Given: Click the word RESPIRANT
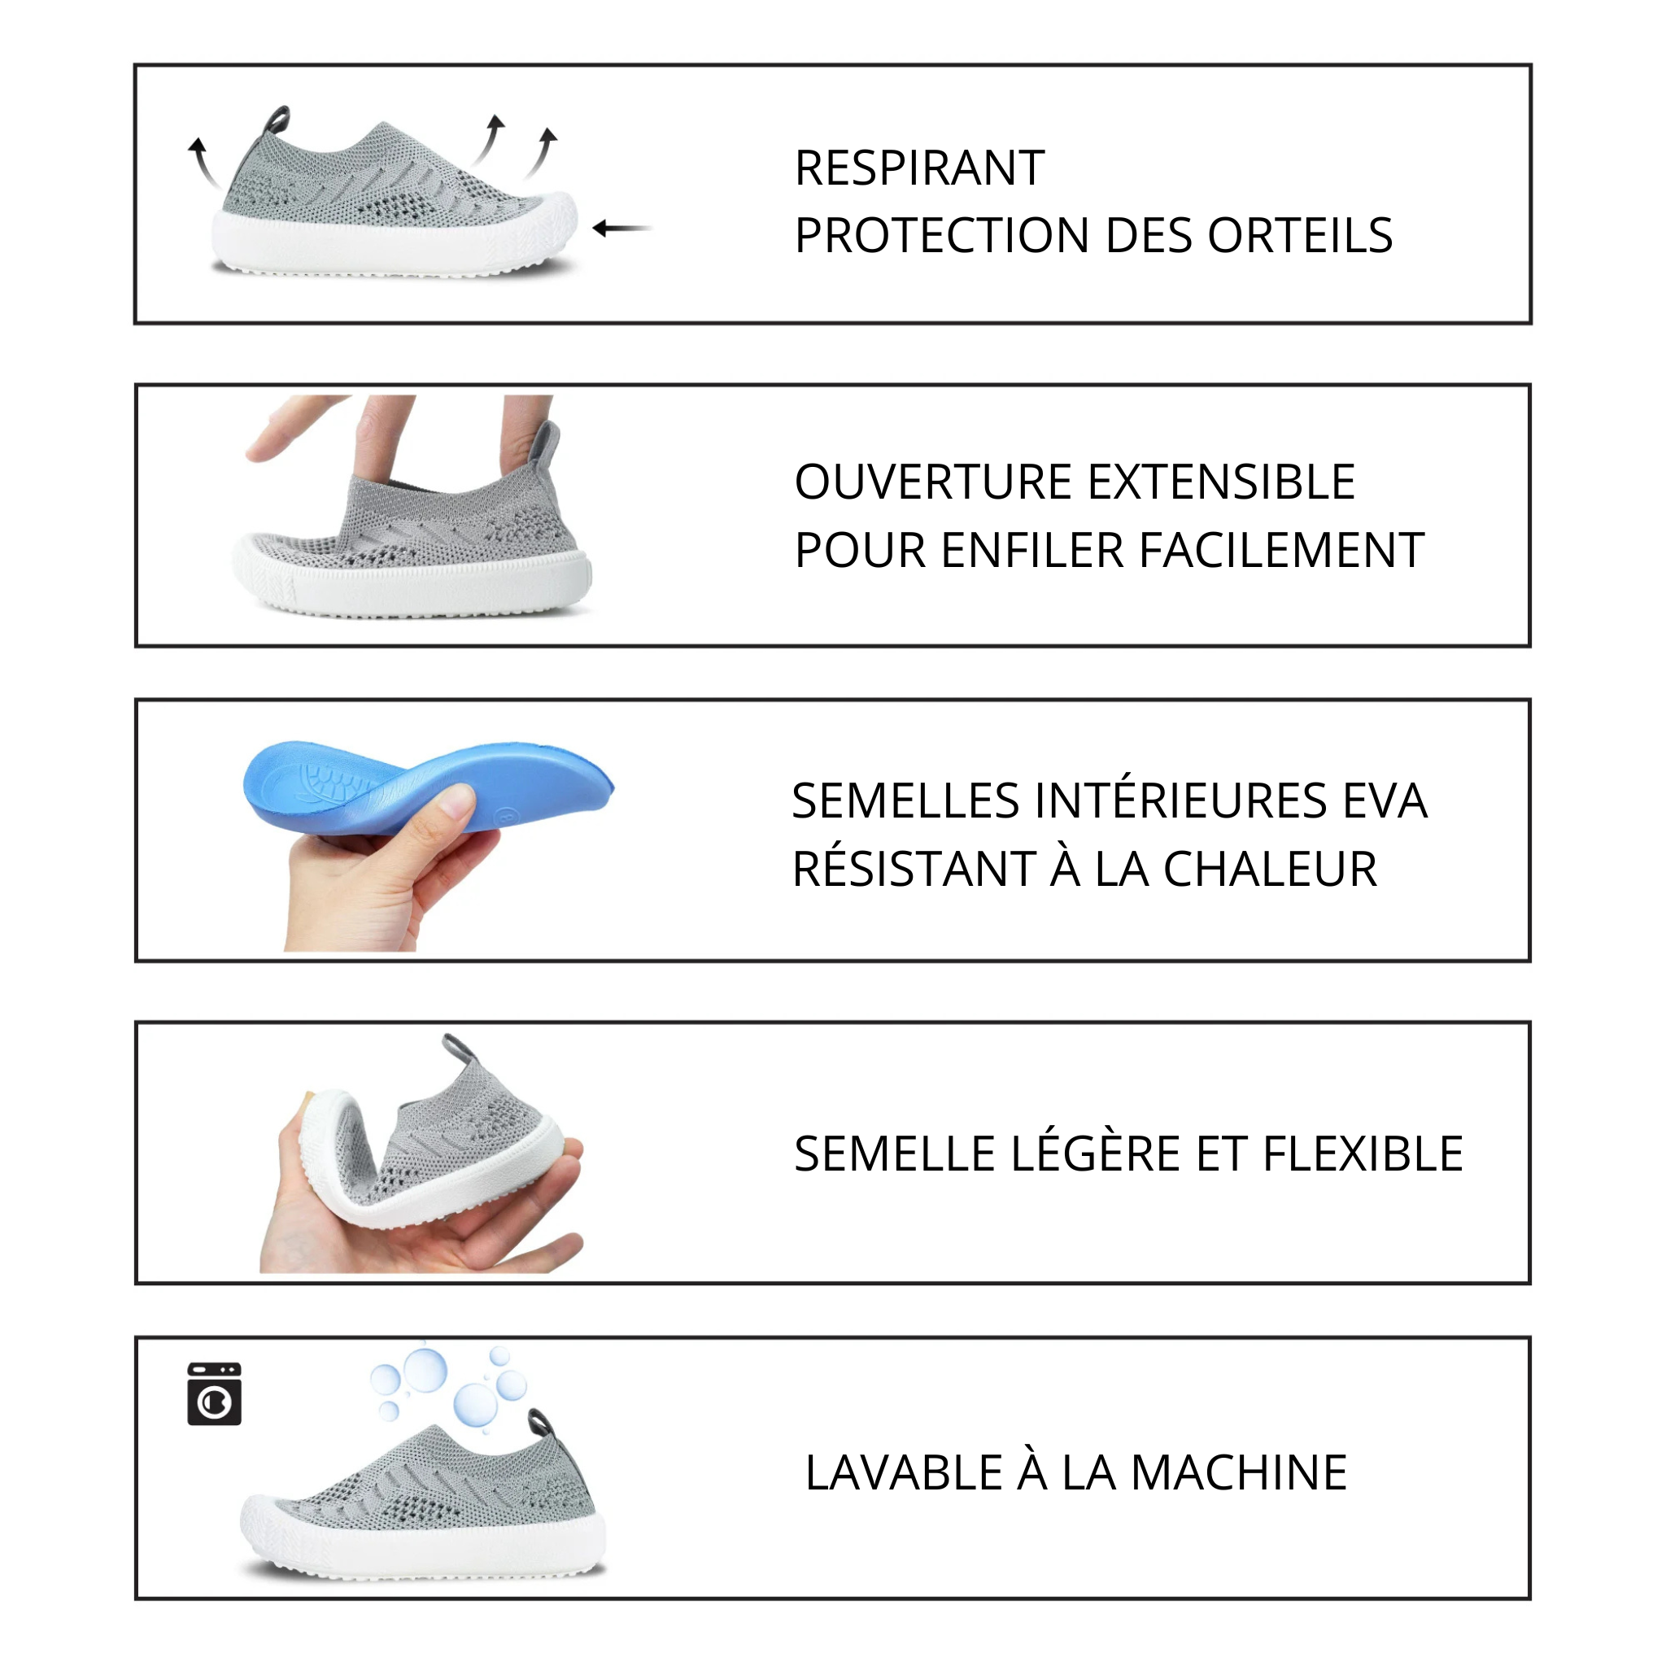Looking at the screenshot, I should point(919,168).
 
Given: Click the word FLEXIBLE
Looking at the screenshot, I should point(1363,1154).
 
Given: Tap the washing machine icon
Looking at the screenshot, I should point(215,1394).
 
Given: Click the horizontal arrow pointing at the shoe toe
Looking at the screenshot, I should point(621,229).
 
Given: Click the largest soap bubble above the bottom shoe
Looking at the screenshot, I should point(425,1370).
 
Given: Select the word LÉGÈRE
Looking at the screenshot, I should point(1096,1154).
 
